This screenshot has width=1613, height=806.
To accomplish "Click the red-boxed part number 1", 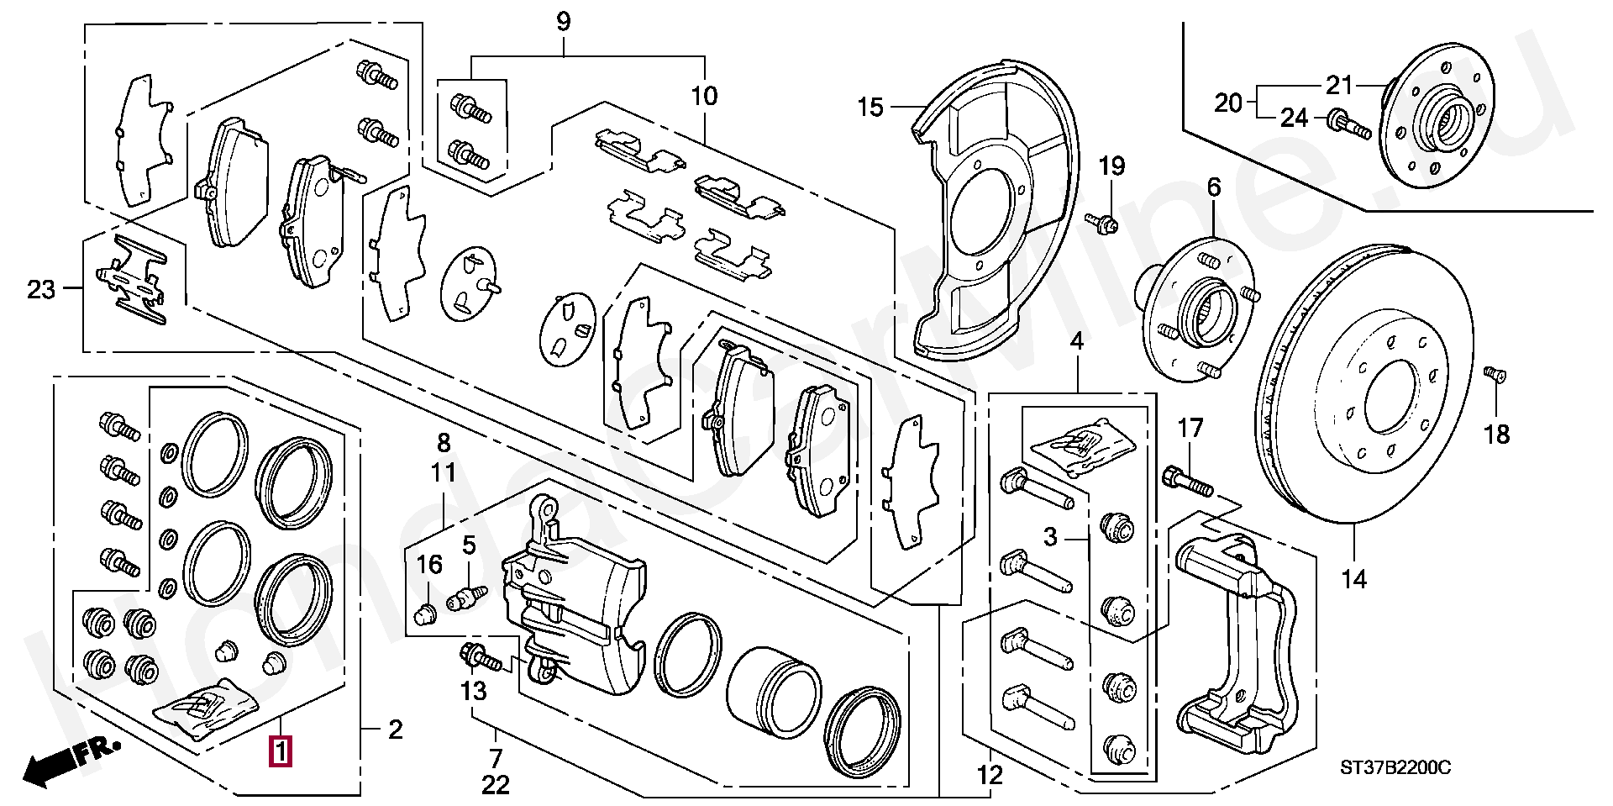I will pyautogui.click(x=280, y=751).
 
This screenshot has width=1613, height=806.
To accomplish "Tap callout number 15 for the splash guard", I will pyautogui.click(x=871, y=108).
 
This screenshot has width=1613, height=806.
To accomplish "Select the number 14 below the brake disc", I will pyautogui.click(x=1353, y=579).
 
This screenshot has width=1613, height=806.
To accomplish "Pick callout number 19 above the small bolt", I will pyautogui.click(x=1111, y=166).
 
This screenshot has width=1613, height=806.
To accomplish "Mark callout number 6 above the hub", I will pyautogui.click(x=1214, y=187).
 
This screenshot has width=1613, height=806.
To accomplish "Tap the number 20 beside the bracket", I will pyautogui.click(x=1228, y=103).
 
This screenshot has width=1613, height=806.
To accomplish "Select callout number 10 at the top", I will pyautogui.click(x=704, y=96).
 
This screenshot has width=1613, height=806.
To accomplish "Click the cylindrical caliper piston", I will pyautogui.click(x=772, y=681).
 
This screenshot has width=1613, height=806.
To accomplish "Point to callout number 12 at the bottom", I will pyautogui.click(x=991, y=775).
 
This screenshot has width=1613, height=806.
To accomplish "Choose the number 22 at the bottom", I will pyautogui.click(x=496, y=785).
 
